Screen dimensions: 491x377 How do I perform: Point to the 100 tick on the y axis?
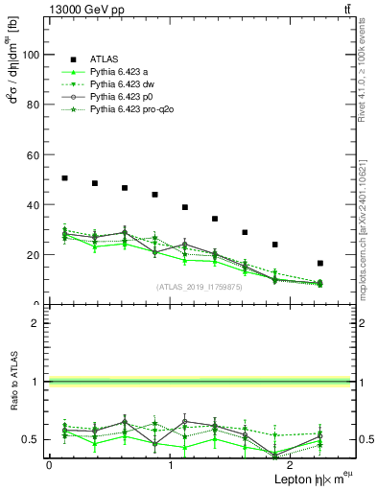[31, 55]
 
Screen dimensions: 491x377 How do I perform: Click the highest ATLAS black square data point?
[64, 178]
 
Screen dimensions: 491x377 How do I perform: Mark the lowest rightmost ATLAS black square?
[319, 263]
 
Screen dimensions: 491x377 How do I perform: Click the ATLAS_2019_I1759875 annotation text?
[198, 287]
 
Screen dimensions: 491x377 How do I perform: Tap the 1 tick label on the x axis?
[170, 465]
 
